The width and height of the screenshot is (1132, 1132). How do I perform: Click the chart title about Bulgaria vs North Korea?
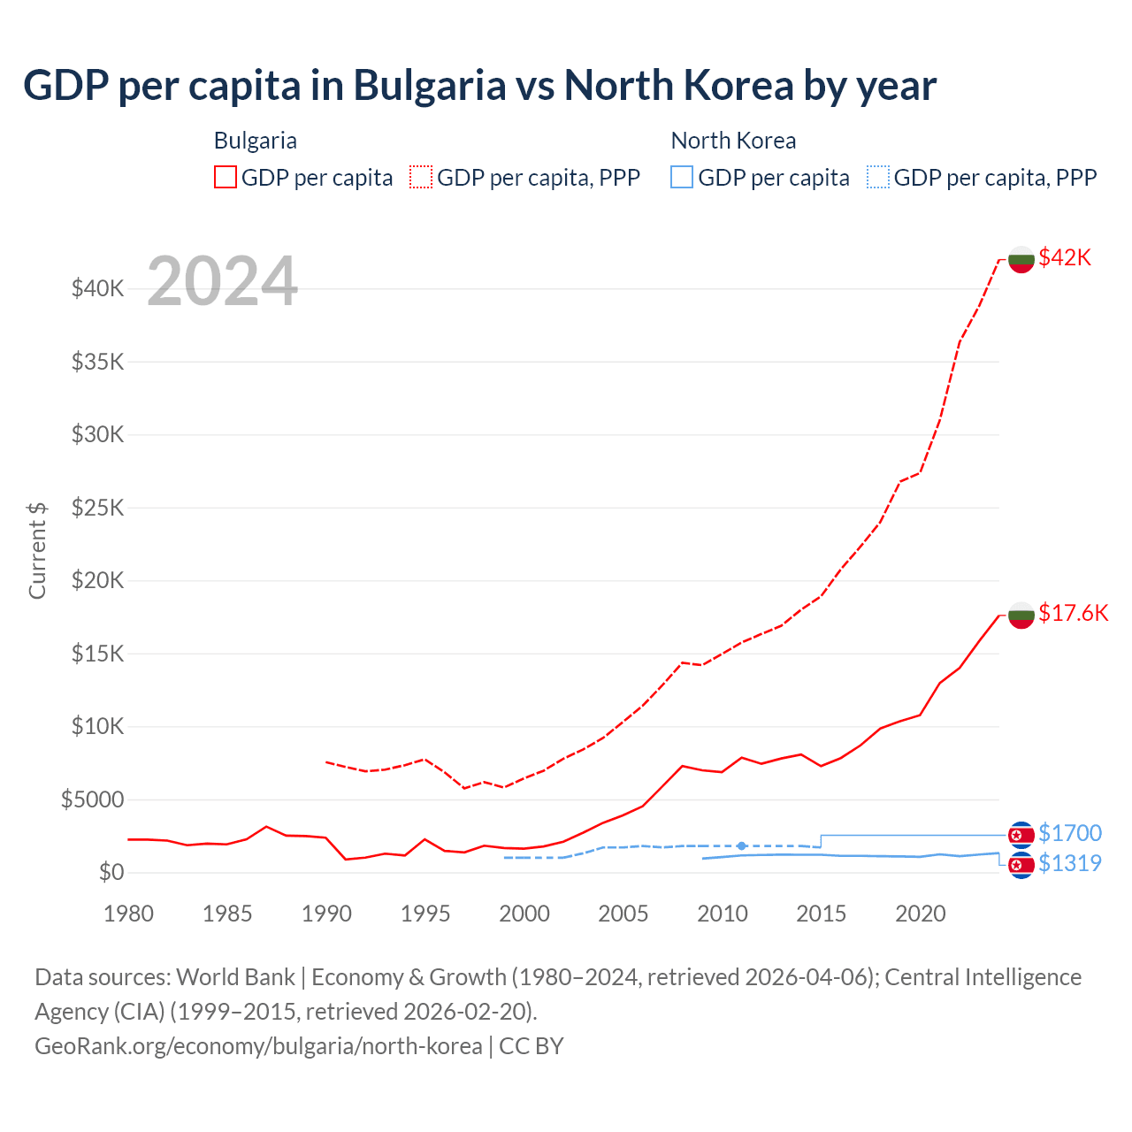tap(479, 86)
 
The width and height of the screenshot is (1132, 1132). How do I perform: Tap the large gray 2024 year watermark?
tap(222, 282)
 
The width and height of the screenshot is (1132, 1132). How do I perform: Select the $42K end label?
tap(1065, 257)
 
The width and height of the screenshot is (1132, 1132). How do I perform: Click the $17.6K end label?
tap(1073, 613)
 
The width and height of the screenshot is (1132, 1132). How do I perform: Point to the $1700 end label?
tap(1069, 833)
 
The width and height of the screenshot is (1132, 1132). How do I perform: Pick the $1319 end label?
tap(1069, 863)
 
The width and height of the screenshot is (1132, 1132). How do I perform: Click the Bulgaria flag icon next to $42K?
tap(1021, 259)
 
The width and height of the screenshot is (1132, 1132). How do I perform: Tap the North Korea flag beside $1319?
tap(1021, 865)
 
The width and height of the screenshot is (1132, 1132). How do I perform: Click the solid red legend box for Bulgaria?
tap(226, 177)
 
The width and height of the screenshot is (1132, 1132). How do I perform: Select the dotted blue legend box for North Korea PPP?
tap(878, 177)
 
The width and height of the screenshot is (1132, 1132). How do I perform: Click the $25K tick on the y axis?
tap(97, 508)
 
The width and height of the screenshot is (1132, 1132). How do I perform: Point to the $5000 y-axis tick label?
tap(92, 799)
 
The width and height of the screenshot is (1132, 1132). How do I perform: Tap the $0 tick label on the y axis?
tap(111, 872)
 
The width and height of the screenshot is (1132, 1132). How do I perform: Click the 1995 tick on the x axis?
tap(425, 914)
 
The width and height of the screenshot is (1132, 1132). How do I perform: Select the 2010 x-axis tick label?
tap(723, 914)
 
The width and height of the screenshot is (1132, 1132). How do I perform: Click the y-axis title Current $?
tap(37, 550)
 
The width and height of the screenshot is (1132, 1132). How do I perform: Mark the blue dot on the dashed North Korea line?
tap(742, 846)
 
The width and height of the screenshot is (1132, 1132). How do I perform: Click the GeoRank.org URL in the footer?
tap(258, 1045)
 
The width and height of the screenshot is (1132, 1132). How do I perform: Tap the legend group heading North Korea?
tap(733, 141)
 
